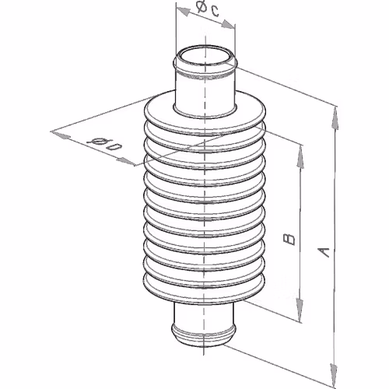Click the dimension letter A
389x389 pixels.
[x=324, y=253]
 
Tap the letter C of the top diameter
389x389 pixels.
[x=214, y=11]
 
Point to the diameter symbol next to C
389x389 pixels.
[x=201, y=6]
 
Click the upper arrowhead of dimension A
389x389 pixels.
[x=335, y=118]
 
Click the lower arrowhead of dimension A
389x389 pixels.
[x=335, y=373]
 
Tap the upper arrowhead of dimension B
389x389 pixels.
[x=300, y=156]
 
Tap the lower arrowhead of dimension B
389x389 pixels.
[x=300, y=310]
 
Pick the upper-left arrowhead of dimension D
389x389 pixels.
[x=61, y=135]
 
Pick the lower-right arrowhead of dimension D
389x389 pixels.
[x=125, y=161]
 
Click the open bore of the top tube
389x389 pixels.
[x=205, y=56]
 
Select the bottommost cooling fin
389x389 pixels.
[x=204, y=289]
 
